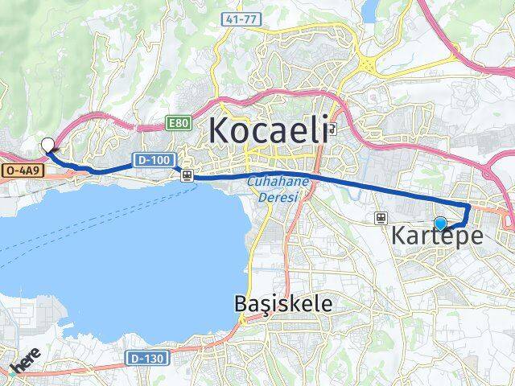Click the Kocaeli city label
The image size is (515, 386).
(x=269, y=130)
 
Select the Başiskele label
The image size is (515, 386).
(x=282, y=303)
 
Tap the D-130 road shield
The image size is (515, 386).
(x=145, y=356)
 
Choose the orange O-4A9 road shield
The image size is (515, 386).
(x=19, y=170)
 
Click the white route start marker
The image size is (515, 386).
(x=47, y=146)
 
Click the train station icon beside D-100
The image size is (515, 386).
(x=187, y=175)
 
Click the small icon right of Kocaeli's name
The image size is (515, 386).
(x=333, y=129)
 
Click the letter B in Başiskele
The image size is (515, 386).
(x=241, y=303)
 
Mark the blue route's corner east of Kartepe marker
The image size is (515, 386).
(x=469, y=207)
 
